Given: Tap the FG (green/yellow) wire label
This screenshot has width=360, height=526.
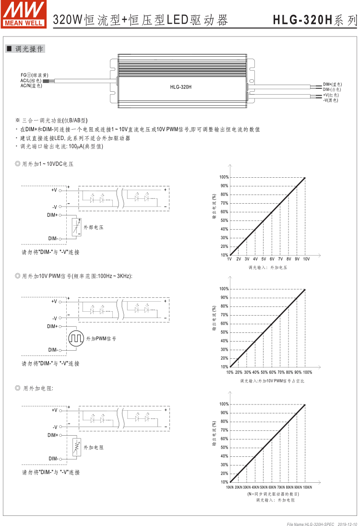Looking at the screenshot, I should pos(34,75).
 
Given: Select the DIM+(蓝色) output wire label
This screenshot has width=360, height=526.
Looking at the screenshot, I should pos(332,84).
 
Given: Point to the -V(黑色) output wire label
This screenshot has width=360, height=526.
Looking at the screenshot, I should pos(330,100).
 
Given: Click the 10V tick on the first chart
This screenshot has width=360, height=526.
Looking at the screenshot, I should pos(306,259).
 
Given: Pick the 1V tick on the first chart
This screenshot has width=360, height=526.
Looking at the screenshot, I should pos(229,259).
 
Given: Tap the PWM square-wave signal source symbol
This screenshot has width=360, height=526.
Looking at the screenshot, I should pos(76,339).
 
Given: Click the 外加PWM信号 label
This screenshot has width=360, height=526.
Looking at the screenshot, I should pos(101,339).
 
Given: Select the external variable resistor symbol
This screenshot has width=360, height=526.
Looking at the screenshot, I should pos(76,447).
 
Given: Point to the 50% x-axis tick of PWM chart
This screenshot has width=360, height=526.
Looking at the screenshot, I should pos(264,372).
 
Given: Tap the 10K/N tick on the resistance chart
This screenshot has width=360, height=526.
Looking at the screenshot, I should pos(229,487).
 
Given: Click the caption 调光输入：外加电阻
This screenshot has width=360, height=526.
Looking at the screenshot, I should pos(275,500).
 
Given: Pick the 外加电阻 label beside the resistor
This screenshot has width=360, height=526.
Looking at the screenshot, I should pos(94,447).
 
